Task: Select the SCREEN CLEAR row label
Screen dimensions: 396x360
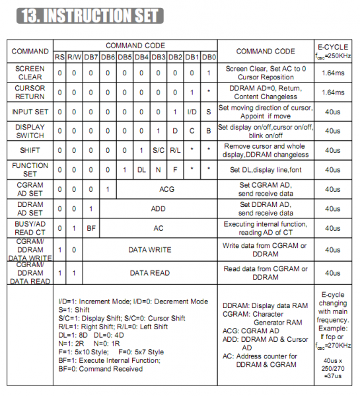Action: click(x=30, y=72)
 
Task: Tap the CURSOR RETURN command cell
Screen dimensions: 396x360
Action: click(x=30, y=92)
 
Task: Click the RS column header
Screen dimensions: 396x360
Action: click(x=60, y=58)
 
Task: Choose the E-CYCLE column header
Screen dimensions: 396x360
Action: click(x=334, y=51)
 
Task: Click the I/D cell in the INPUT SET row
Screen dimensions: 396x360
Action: click(x=192, y=112)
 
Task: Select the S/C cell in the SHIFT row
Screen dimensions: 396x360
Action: click(x=159, y=150)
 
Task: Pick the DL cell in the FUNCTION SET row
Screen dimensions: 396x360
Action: click(x=141, y=169)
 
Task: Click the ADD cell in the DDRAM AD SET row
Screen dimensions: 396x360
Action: click(x=159, y=208)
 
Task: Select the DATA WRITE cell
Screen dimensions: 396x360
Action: click(x=150, y=250)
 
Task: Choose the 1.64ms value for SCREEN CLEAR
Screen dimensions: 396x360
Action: click(x=334, y=72)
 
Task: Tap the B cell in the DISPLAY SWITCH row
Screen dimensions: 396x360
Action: click(x=209, y=131)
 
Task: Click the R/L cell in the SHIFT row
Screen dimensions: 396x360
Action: click(x=175, y=150)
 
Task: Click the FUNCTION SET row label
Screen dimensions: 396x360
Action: click(x=30, y=169)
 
